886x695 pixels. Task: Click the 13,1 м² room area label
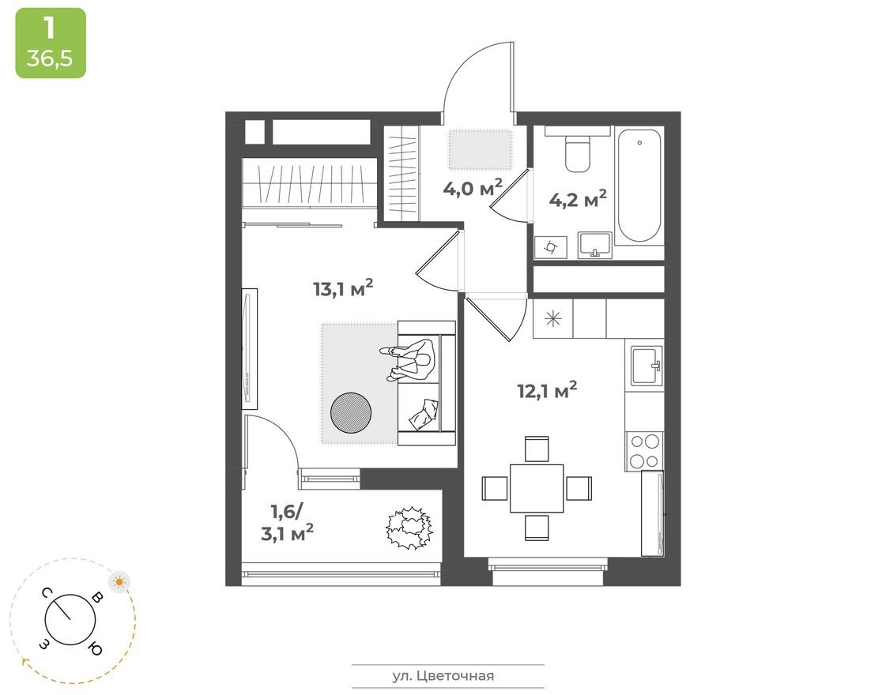tap(342, 289)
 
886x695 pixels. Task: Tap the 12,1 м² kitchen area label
tap(547, 389)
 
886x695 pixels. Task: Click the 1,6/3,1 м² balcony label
tap(287, 522)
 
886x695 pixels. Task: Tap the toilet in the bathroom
tap(579, 153)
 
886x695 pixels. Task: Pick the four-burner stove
tap(644, 451)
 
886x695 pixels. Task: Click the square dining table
tap(537, 488)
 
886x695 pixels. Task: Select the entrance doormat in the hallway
tap(481, 148)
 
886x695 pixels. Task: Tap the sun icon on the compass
tap(119, 583)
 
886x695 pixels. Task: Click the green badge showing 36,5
tap(51, 43)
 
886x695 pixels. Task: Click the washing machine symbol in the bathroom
tap(550, 247)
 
